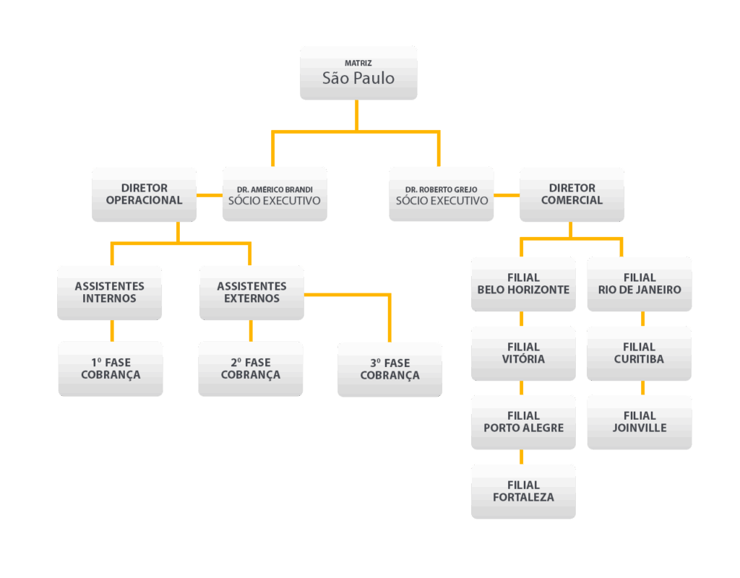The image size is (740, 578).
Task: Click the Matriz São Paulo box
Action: (358, 72)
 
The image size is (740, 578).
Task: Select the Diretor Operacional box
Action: (144, 194)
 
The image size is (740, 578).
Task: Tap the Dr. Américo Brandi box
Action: (275, 194)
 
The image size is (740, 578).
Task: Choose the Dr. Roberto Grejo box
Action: (442, 194)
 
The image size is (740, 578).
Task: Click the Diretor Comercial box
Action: (572, 194)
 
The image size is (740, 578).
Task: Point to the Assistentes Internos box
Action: (109, 293)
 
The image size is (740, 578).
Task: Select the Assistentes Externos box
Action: (251, 293)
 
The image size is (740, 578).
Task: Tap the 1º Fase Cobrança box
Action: (111, 368)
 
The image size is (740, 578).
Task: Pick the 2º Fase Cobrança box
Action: (251, 368)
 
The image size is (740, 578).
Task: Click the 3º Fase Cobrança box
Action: (390, 369)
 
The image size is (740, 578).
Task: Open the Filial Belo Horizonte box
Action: (523, 284)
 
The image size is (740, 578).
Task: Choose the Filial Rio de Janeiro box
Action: (640, 284)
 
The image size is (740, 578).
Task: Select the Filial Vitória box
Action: (523, 353)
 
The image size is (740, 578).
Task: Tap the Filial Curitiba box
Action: (639, 353)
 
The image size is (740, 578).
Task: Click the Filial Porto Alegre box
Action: (523, 422)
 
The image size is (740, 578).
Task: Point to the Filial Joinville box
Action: (640, 422)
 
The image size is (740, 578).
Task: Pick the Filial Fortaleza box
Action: (523, 491)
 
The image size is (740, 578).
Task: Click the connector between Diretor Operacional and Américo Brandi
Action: (210, 195)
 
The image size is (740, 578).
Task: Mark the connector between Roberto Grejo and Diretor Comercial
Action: (507, 195)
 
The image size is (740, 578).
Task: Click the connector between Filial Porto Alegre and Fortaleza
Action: (522, 457)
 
